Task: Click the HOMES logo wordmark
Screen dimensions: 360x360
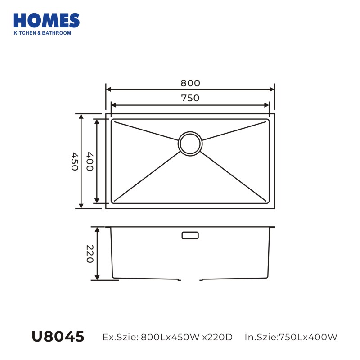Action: pos(47,20)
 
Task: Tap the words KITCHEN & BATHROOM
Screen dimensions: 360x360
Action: pos(42,33)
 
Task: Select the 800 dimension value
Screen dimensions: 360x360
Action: pos(190,83)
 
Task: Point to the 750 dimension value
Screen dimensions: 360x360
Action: pos(190,98)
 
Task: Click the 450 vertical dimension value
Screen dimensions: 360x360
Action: pos(75,162)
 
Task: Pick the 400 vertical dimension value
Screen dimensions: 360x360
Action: pos(90,162)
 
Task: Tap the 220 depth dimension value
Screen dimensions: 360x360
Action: pos(90,254)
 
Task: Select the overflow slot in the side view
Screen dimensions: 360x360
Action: pos(190,235)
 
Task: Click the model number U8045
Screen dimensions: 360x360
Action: pos(58,337)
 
